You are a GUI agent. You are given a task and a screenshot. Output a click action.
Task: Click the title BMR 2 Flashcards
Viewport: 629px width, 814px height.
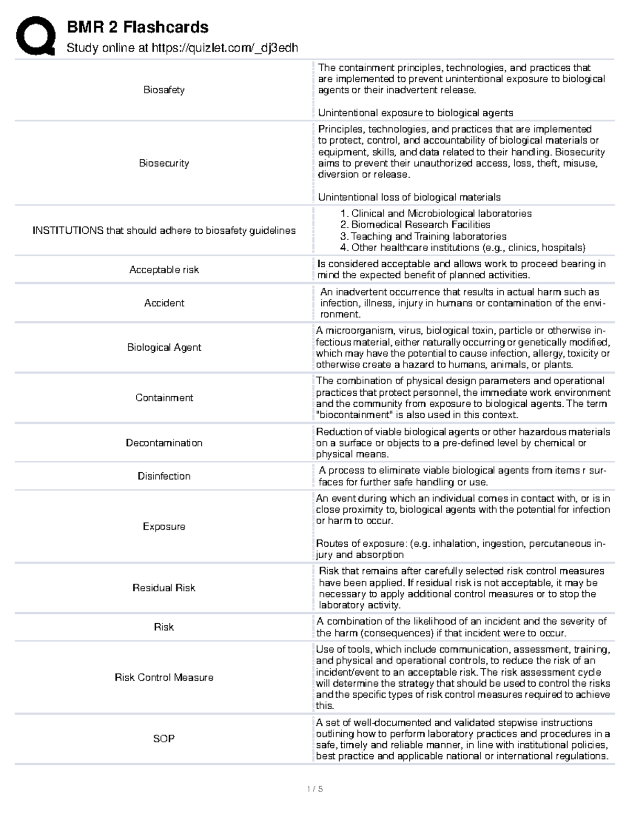[138, 27]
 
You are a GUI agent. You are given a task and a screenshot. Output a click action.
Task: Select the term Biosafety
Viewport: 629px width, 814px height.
[164, 90]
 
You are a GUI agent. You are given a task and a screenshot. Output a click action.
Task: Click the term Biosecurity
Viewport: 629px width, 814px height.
[164, 163]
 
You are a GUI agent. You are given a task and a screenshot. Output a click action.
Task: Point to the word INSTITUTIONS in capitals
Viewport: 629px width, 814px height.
[68, 231]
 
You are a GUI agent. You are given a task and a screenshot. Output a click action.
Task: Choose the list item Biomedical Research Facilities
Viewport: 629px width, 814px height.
[420, 225]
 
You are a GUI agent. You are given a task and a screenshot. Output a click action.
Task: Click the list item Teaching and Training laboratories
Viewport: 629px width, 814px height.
[428, 236]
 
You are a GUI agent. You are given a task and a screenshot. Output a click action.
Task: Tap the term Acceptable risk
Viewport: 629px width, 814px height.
[164, 270]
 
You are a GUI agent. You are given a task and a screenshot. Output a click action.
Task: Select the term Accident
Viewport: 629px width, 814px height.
[164, 303]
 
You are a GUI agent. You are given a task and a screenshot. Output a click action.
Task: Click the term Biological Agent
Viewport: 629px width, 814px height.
[164, 348]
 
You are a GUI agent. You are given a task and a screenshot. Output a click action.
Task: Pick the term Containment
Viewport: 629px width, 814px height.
[164, 398]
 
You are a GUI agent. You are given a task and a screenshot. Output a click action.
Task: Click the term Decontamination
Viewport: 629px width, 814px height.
[164, 443]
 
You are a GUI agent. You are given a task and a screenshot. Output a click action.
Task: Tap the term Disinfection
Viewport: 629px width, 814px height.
[164, 476]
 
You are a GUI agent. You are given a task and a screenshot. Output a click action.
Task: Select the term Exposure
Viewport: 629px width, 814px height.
[164, 526]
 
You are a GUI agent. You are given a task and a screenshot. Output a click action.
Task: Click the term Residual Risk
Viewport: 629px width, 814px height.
[164, 588]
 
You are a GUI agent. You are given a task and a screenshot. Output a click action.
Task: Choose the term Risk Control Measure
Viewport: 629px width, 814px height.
[164, 678]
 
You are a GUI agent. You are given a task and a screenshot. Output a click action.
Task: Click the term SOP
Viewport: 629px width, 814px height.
[164, 739]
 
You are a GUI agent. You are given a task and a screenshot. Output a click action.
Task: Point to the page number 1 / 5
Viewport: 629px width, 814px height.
[314, 789]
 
